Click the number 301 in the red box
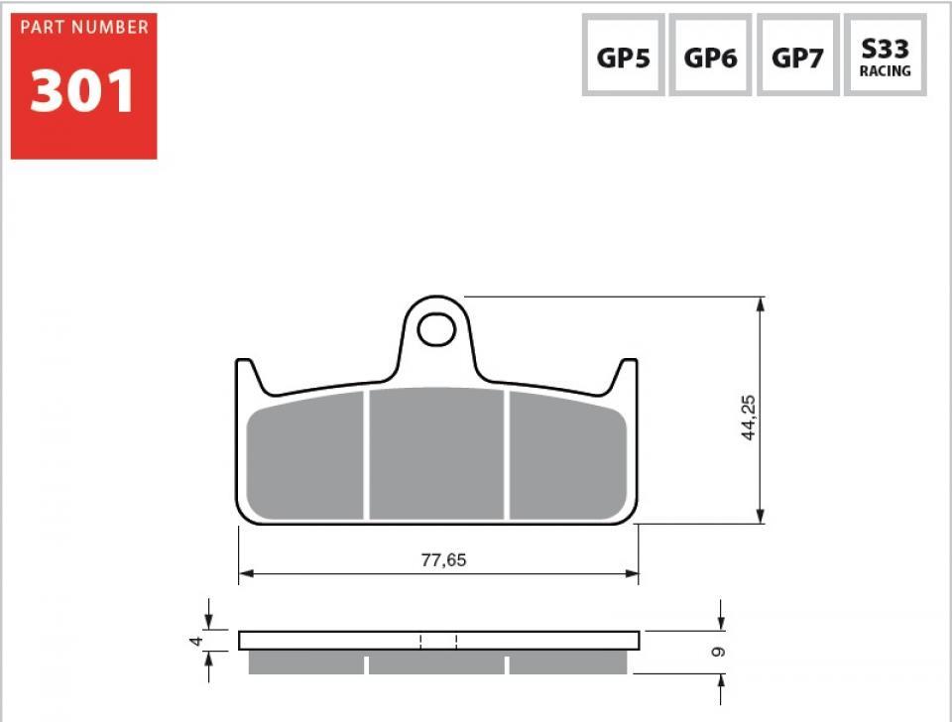pyautogui.click(x=82, y=92)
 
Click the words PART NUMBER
pyautogui.click(x=83, y=27)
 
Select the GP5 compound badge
pyautogui.click(x=623, y=57)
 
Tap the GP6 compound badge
pyautogui.click(x=710, y=57)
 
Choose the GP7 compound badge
pyautogui.click(x=797, y=57)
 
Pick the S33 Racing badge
pyautogui.click(x=885, y=57)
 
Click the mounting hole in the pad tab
pyautogui.click(x=435, y=329)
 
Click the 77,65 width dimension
pyautogui.click(x=443, y=560)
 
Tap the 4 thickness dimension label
pyautogui.click(x=195, y=642)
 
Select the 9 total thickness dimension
pyautogui.click(x=719, y=652)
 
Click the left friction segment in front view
pyautogui.click(x=305, y=456)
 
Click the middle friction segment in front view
pyautogui.click(x=437, y=453)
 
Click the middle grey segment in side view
pyautogui.click(x=437, y=663)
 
